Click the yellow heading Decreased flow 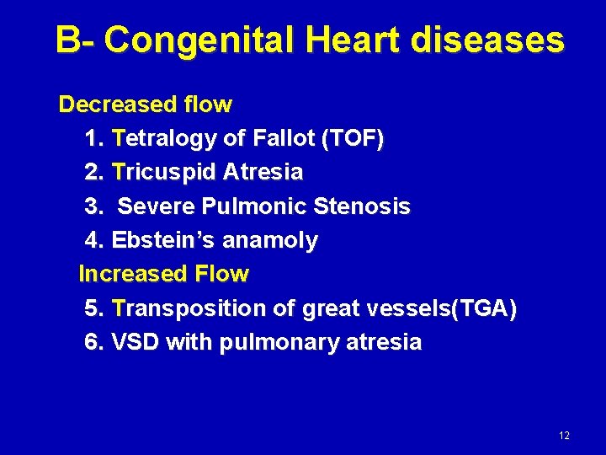(145, 104)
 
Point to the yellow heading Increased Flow (163, 274)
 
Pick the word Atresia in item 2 (262, 173)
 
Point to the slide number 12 (563, 436)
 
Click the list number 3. (93, 206)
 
